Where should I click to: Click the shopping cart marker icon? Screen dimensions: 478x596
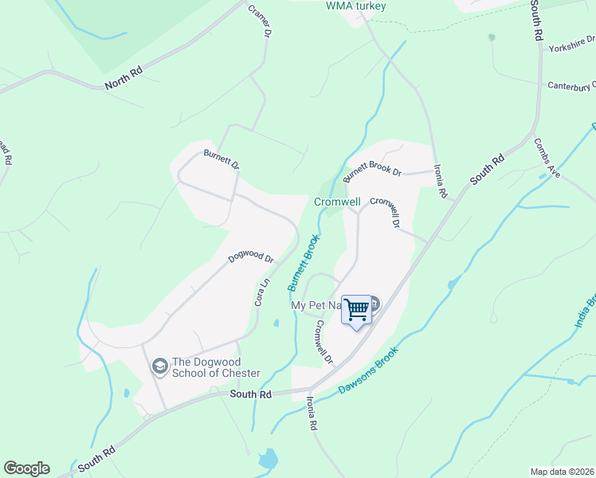point(356,309)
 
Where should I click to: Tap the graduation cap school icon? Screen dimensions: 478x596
point(159,366)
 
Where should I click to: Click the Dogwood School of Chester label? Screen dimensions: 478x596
point(216,367)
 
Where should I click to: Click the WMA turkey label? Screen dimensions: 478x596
point(356,6)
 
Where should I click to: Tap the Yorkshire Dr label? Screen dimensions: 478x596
point(571,47)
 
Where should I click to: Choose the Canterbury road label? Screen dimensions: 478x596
point(571,85)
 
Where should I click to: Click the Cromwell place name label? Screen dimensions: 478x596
point(337,202)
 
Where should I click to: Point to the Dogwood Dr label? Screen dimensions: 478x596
point(250,258)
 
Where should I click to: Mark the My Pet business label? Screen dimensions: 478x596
point(316,305)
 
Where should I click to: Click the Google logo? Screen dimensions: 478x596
point(26,468)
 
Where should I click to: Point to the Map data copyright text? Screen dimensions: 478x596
point(562,472)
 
